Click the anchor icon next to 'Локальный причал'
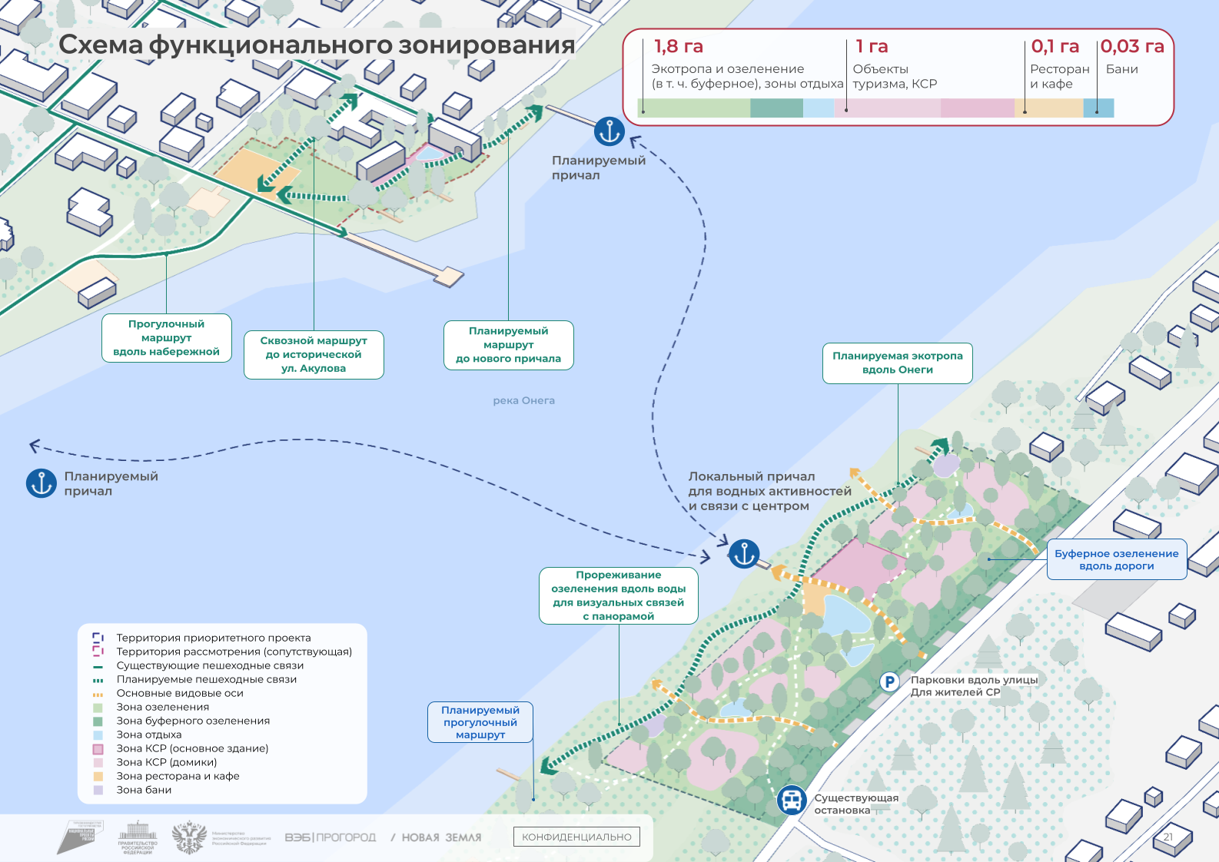pyautogui.click(x=744, y=553)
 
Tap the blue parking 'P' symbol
pyautogui.click(x=889, y=681)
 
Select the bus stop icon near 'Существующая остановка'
pyautogui.click(x=791, y=800)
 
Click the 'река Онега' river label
pyautogui.click(x=523, y=400)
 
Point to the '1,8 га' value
pyautogui.click(x=678, y=47)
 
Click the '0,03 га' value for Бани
pyautogui.click(x=1131, y=47)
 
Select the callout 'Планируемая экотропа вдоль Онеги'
pyautogui.click(x=897, y=363)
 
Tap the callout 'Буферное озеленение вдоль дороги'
pyautogui.click(x=1116, y=559)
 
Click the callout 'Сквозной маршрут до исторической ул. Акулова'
pyautogui.click(x=314, y=354)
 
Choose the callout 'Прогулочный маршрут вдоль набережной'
pyautogui.click(x=166, y=337)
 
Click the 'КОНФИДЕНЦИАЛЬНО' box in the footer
pyautogui.click(x=576, y=837)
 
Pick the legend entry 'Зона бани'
pyautogui.click(x=144, y=790)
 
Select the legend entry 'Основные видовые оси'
pyautogui.click(x=179, y=693)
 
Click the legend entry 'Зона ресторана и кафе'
pyautogui.click(x=178, y=776)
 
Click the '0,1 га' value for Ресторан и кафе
pyautogui.click(x=1055, y=47)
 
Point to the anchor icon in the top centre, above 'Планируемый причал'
pyautogui.click(x=609, y=131)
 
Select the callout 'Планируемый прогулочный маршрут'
pyautogui.click(x=480, y=722)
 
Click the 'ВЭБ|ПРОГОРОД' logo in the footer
pyautogui.click(x=330, y=837)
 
